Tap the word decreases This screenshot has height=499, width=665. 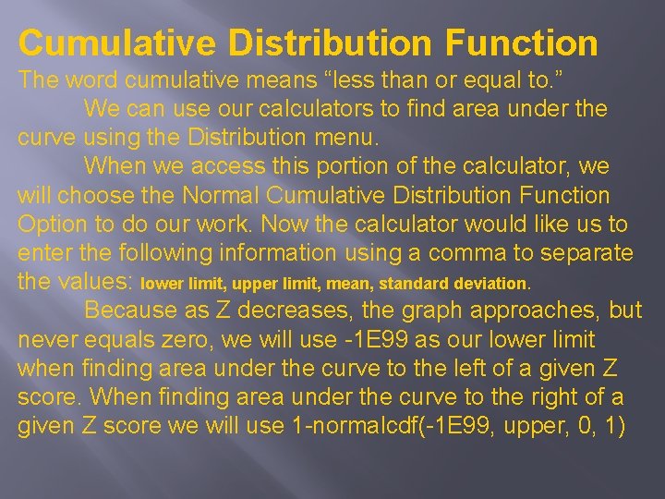(x=308, y=310)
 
